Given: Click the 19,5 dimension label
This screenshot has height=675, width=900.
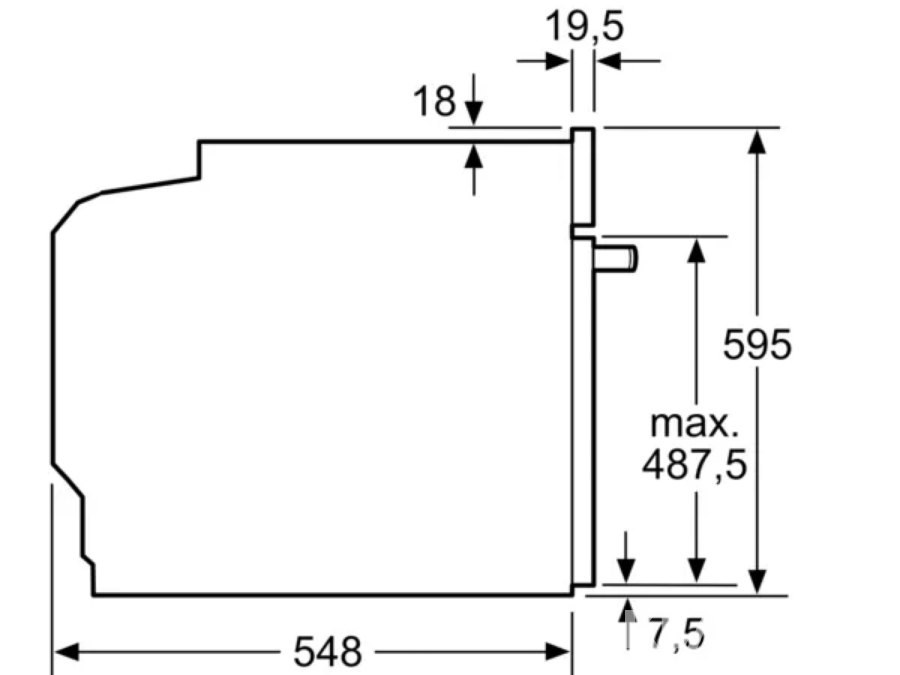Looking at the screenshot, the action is point(583,26).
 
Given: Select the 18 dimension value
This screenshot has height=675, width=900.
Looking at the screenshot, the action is point(435,101).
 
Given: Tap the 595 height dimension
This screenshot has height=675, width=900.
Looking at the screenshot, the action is point(757,344).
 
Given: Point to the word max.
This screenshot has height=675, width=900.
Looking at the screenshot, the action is point(694,424).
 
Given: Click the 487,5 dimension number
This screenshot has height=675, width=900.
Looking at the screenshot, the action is point(695,464).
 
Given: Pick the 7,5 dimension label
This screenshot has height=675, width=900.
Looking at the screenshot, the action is point(677,633).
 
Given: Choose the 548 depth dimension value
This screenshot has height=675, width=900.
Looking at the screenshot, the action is point(328,651).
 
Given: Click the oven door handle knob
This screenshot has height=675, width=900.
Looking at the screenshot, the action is point(615,258).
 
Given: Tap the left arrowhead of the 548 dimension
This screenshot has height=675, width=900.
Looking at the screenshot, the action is point(66,652).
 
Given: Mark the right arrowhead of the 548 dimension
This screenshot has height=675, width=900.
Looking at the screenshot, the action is point(558,652).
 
